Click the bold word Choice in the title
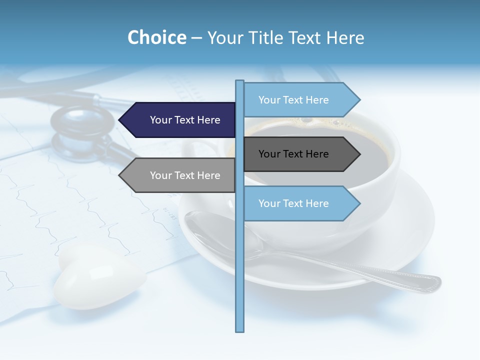156,37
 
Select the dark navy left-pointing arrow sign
177,120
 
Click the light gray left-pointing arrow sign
177,175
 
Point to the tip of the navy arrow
120,120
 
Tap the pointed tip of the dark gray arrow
359,154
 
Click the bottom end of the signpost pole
240,330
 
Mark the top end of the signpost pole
240,81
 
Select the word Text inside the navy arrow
185,120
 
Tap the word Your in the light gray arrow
161,175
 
